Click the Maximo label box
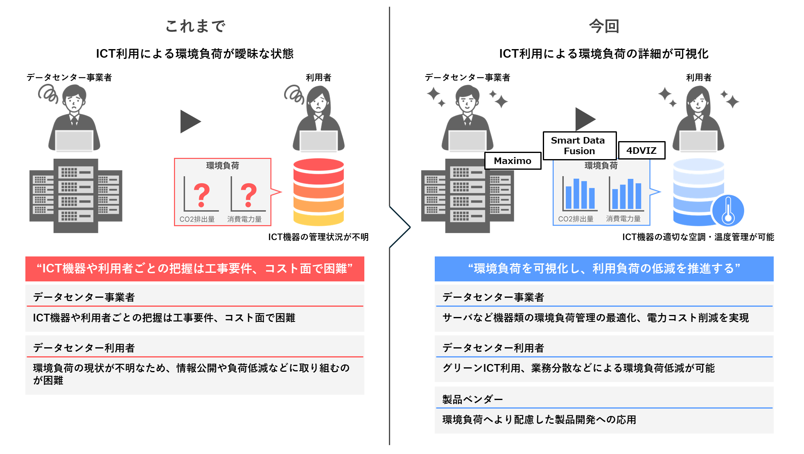pyautogui.click(x=513, y=161)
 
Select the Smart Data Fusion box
pyautogui.click(x=579, y=146)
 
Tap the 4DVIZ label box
pyautogui.click(x=641, y=151)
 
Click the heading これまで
pyautogui.click(x=195, y=26)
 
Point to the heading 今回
pyautogui.click(x=604, y=26)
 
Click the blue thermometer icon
pyautogui.click(x=728, y=211)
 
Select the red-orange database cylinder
pyautogui.click(x=318, y=192)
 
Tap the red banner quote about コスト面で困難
pyautogui.click(x=195, y=269)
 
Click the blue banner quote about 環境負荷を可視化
pyautogui.click(x=604, y=269)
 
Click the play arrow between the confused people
pyautogui.click(x=190, y=121)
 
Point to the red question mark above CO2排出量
pyautogui.click(x=201, y=195)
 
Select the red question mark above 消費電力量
pyautogui.click(x=248, y=195)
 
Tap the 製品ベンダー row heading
pyautogui.click(x=472, y=399)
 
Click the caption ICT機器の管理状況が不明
pyautogui.click(x=318, y=237)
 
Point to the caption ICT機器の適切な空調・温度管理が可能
pyautogui.click(x=698, y=237)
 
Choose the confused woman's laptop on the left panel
pyautogui.click(x=318, y=142)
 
